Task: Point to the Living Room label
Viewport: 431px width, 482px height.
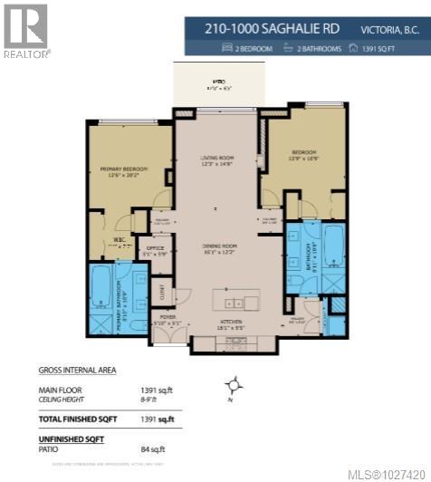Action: tap(216, 160)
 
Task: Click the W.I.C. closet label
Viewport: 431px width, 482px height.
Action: tap(116, 242)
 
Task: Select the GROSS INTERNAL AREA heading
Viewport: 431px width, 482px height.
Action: tap(77, 370)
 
